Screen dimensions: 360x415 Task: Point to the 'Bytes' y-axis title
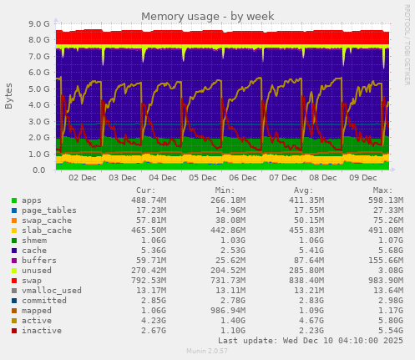pyautogui.click(x=9, y=96)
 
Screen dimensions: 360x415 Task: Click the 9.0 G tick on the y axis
pyautogui.click(x=38, y=24)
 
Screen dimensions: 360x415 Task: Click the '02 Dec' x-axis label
pyautogui.click(x=82, y=179)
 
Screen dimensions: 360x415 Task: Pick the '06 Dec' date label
pyautogui.click(x=242, y=179)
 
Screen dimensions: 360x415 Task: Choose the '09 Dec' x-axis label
pyautogui.click(x=362, y=179)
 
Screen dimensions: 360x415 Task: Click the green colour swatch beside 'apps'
pyautogui.click(x=14, y=201)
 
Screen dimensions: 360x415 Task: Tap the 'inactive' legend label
pyautogui.click(x=42, y=330)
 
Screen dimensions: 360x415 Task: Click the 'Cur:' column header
pyautogui.click(x=144, y=190)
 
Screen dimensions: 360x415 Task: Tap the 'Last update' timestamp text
pyautogui.click(x=311, y=341)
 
